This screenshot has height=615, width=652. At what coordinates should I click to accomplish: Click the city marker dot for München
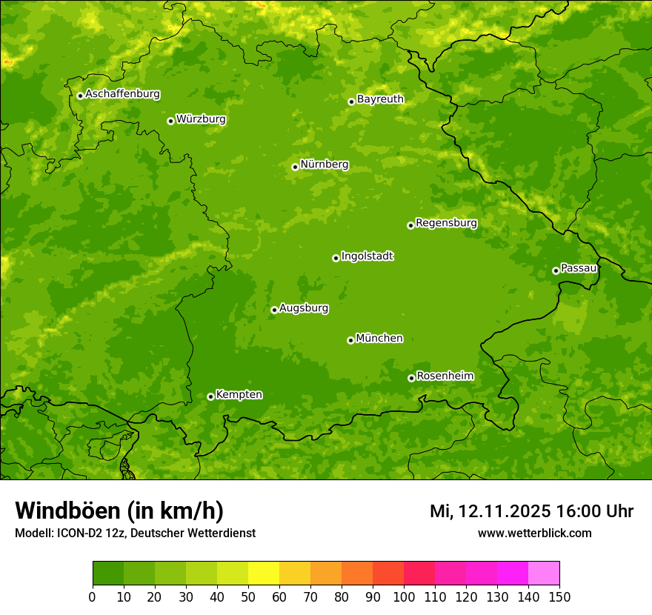click(350, 340)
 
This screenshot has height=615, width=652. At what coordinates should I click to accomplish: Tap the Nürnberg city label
click(324, 164)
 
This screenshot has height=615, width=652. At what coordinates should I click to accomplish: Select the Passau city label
click(579, 268)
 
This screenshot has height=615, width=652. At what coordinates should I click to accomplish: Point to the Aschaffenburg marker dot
click(80, 96)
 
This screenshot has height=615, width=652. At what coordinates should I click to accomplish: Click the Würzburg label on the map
click(201, 119)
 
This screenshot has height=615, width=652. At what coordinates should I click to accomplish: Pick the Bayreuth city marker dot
click(351, 102)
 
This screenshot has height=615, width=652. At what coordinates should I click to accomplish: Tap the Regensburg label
click(446, 223)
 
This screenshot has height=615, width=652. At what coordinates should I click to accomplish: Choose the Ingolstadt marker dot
click(336, 258)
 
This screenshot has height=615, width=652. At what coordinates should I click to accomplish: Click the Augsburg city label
click(304, 308)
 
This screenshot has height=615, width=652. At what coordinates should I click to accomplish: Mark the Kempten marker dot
click(210, 396)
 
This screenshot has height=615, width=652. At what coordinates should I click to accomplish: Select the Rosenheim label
click(445, 376)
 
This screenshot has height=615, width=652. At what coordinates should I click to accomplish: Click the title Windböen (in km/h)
click(119, 511)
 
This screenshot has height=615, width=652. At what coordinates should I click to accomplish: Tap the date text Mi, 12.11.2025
click(490, 511)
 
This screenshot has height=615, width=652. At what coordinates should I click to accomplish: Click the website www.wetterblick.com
click(534, 533)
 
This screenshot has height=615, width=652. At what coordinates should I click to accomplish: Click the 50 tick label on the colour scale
click(248, 596)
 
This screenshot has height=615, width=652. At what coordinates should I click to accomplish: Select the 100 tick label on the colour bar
click(404, 596)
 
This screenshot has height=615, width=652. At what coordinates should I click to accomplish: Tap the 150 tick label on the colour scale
click(559, 596)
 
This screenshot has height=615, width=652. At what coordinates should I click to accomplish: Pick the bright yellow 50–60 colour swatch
click(264, 574)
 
